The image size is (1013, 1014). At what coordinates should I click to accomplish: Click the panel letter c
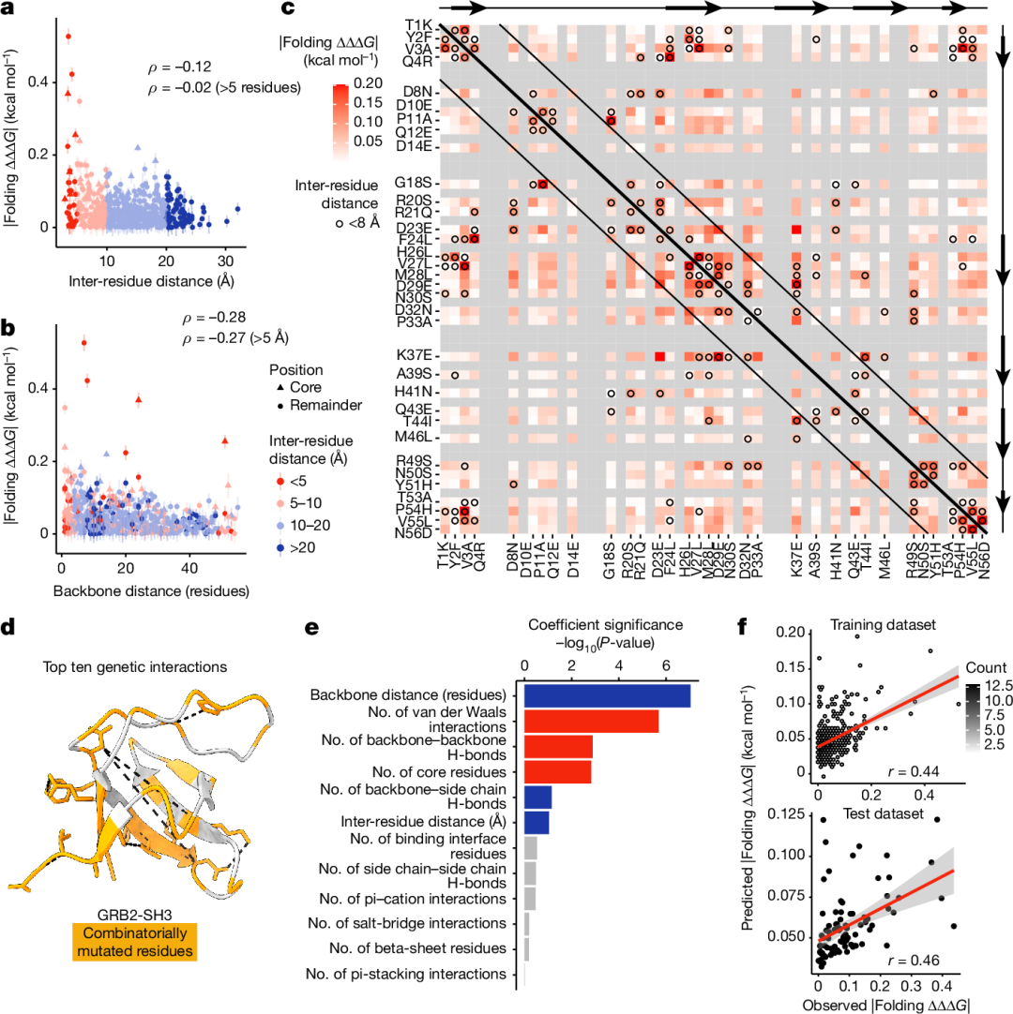click(290, 9)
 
